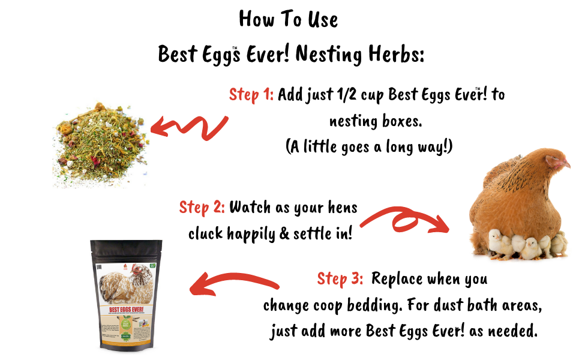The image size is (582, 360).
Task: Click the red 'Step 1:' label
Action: pyautogui.click(x=251, y=95)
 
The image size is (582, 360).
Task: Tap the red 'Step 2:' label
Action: pyautogui.click(x=202, y=208)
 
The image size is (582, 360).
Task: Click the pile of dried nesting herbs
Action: pyautogui.click(x=100, y=145)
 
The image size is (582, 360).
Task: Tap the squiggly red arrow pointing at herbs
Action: pyautogui.click(x=189, y=127)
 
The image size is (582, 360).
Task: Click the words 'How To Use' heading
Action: pyautogui.click(x=288, y=19)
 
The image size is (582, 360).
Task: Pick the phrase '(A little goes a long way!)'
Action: pyautogui.click(x=368, y=148)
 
